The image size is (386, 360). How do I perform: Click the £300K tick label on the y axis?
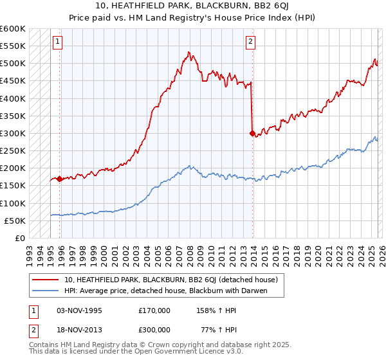pyautogui.click(x=13, y=133)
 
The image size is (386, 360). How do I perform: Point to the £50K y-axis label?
pyautogui.click(x=15, y=221)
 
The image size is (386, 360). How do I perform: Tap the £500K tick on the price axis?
pyautogui.click(x=13, y=63)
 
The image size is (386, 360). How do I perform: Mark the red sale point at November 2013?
pyautogui.click(x=252, y=133)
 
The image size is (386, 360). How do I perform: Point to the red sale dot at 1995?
pyautogui.click(x=60, y=179)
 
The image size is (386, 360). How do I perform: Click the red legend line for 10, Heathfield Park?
pyautogui.click(x=45, y=280)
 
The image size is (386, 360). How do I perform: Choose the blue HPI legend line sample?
pyautogui.click(x=45, y=291)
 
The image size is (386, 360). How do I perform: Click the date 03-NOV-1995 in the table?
pyautogui.click(x=79, y=310)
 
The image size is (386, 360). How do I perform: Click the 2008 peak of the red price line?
pyautogui.click(x=188, y=52)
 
